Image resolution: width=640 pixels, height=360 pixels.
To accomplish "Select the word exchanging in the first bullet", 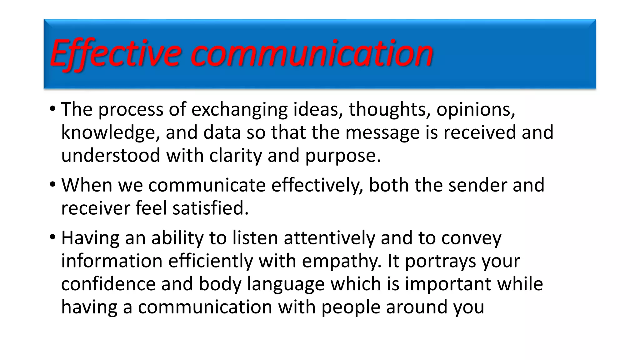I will (239, 110).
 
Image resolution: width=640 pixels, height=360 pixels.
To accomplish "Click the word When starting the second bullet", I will (87, 185).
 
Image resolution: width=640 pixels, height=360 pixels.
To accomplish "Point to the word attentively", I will (329, 238).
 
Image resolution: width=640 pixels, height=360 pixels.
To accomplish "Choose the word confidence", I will (108, 284).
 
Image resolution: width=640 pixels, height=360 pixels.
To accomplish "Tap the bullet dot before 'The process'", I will (52, 109).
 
